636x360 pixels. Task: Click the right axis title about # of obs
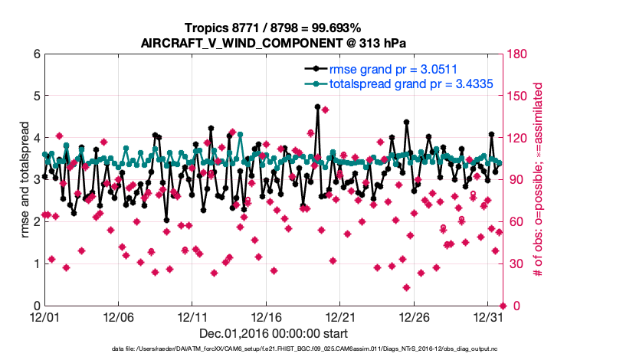(x=539, y=180)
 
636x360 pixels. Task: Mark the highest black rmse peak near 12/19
(x=317, y=107)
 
